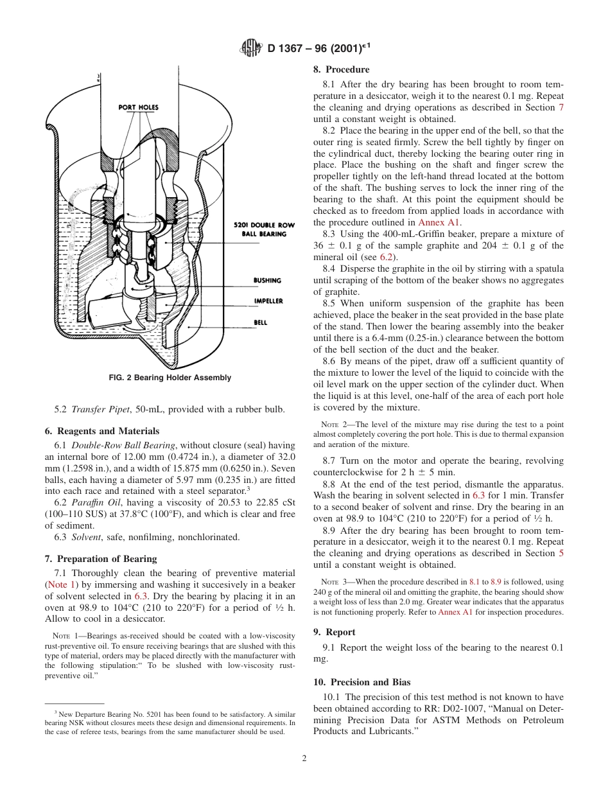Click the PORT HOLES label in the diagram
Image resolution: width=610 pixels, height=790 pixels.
click(x=138, y=107)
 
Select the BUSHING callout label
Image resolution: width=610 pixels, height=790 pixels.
click(x=267, y=281)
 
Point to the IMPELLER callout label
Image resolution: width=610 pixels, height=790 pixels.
click(x=268, y=301)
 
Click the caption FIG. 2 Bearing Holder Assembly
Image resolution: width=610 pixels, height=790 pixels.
click(x=170, y=378)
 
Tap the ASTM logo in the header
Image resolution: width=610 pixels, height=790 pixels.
click(x=250, y=48)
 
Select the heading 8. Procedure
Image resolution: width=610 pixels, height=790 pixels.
click(x=341, y=69)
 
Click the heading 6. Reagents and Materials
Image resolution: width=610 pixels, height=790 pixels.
click(x=101, y=431)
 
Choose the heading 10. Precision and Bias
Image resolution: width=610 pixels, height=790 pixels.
click(x=362, y=682)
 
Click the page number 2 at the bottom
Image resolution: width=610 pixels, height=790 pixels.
click(x=304, y=758)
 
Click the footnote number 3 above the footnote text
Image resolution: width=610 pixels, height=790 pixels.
click(x=56, y=712)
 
